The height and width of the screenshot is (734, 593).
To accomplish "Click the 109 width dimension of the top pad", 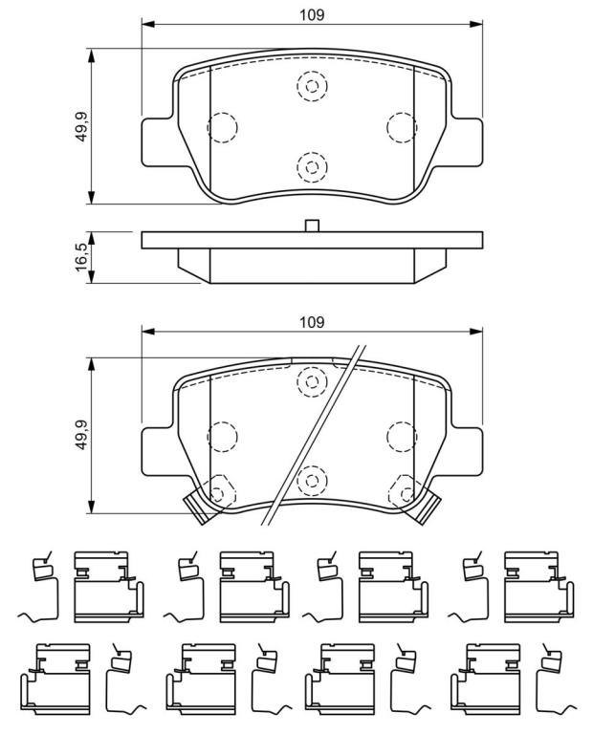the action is (312, 15).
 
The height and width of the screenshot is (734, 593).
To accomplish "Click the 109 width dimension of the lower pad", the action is (312, 322).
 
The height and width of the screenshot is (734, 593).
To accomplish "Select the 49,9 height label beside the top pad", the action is (83, 126).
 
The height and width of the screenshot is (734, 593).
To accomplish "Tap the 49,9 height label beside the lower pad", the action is (83, 436).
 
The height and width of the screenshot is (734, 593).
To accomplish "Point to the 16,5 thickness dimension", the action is (82, 257).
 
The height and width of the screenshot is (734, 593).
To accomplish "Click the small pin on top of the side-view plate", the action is (312, 226).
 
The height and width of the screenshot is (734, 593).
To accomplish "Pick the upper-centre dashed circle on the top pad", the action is (312, 86).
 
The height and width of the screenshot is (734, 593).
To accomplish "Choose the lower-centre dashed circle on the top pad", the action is (312, 167).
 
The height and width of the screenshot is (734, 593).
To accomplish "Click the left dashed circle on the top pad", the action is (222, 127).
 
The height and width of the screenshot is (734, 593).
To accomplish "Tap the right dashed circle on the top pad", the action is (402, 127).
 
